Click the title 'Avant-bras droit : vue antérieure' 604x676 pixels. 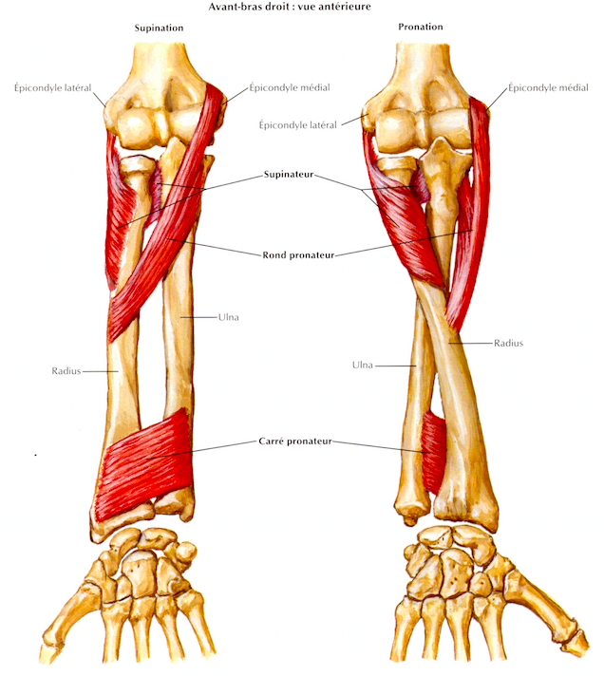tap(290, 7)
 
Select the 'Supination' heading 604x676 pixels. tap(159, 28)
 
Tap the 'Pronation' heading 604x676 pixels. tap(421, 27)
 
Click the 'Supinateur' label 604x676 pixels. tap(289, 175)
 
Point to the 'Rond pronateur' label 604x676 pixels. tap(298, 255)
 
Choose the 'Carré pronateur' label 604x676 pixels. tap(295, 441)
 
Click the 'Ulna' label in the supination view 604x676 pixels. tap(229, 317)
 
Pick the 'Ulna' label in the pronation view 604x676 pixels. tap(362, 366)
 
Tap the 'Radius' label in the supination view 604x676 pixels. tap(66, 371)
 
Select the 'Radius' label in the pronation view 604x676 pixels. tap(508, 343)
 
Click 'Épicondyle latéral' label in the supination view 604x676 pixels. tap(52, 88)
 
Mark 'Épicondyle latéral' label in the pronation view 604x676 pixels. tap(297, 125)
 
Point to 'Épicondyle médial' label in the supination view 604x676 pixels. tap(290, 87)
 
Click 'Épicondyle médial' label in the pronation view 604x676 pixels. tap(548, 88)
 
